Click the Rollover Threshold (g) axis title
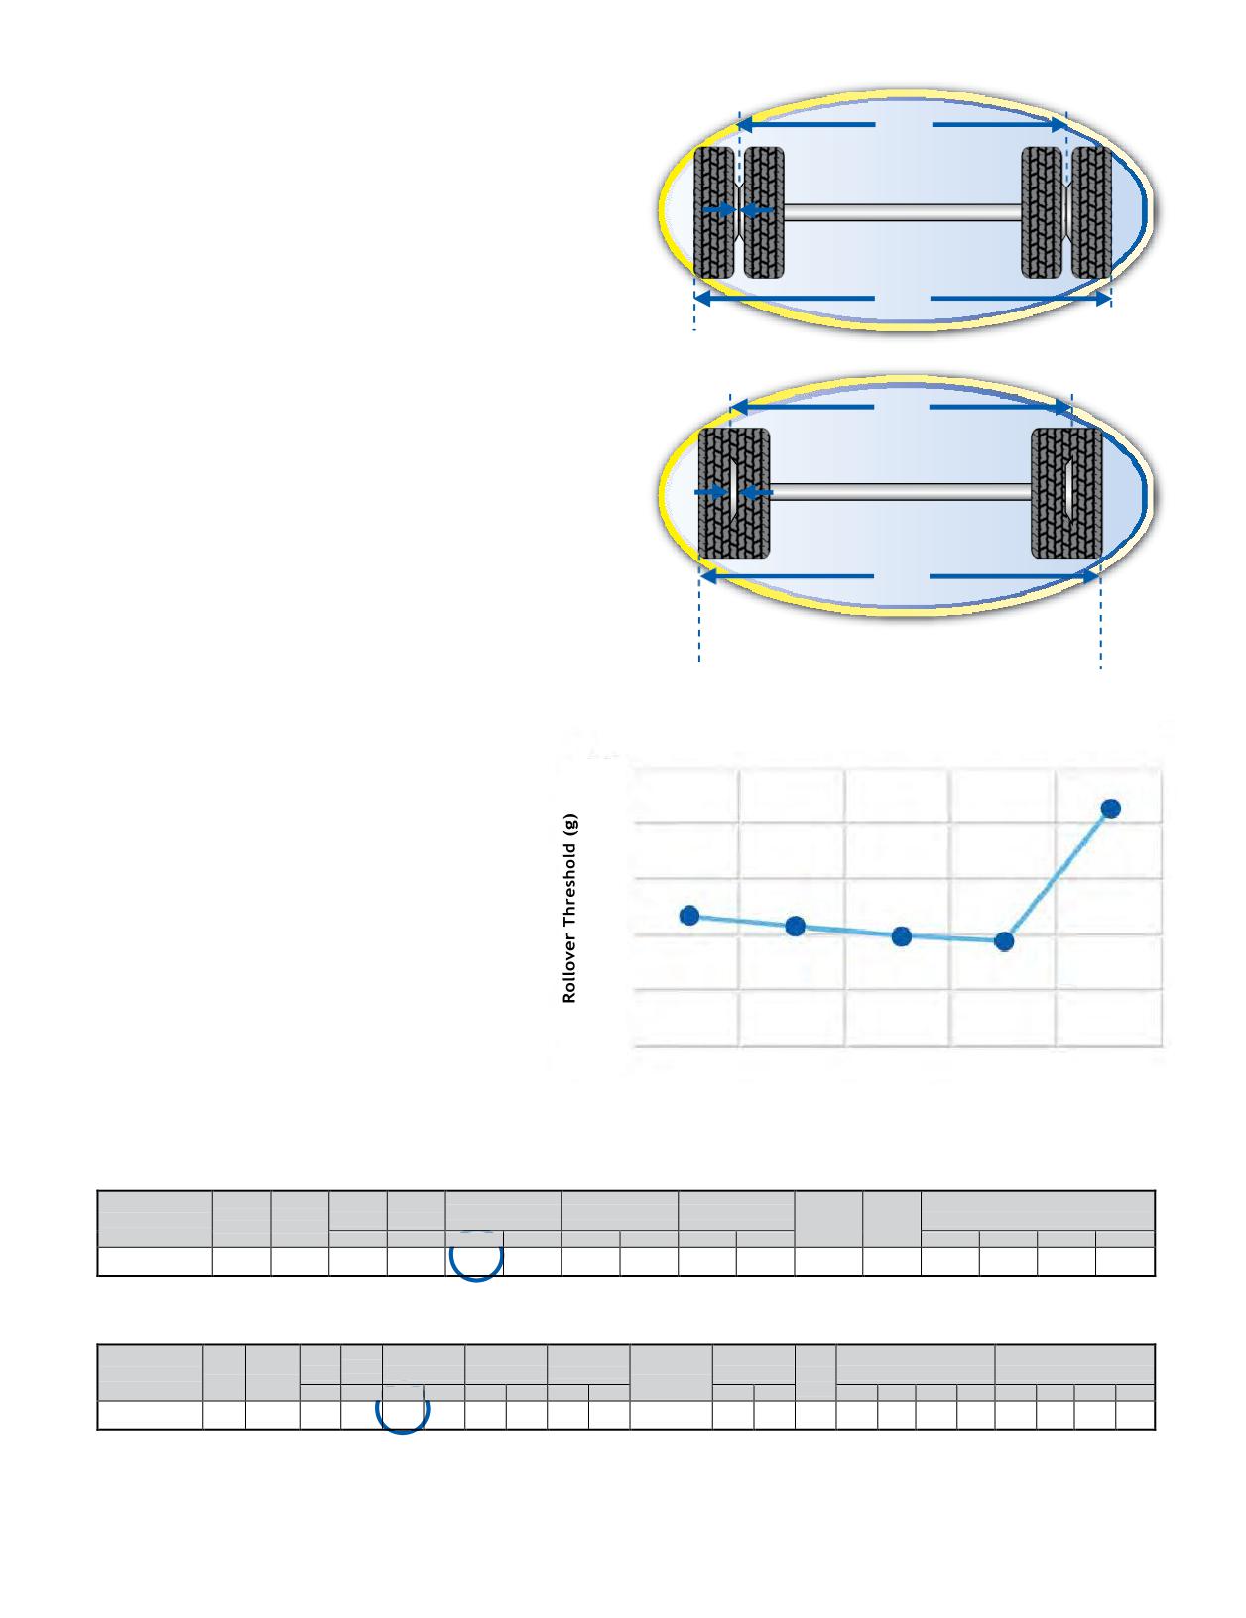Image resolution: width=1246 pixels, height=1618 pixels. [x=569, y=908]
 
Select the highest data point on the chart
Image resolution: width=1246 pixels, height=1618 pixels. [x=1110, y=809]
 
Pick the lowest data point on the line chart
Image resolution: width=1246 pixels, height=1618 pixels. [x=1004, y=941]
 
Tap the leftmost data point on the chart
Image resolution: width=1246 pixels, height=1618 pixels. [x=689, y=915]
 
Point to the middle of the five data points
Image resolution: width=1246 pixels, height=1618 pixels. [x=901, y=936]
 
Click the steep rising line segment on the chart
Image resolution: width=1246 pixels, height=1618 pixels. [x=1057, y=876]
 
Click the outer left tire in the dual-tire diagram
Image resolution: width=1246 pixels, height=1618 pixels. [x=714, y=213]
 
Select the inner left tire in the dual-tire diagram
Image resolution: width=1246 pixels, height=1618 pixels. [x=764, y=213]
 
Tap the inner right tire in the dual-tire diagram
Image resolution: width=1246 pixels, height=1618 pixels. [x=1042, y=213]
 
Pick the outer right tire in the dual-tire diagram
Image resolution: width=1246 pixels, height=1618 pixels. [x=1091, y=213]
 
